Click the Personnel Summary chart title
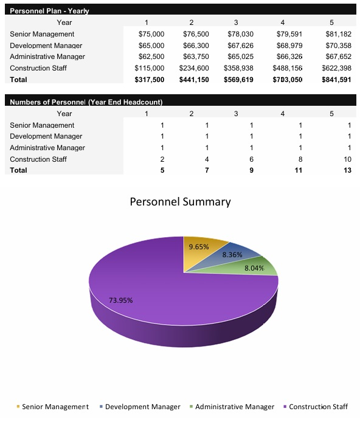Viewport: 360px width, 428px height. (180, 202)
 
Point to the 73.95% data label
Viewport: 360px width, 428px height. (120, 300)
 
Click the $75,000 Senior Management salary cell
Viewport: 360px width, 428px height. (151, 34)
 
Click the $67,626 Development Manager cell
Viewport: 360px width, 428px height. (240, 46)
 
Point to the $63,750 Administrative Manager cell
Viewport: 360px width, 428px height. (196, 57)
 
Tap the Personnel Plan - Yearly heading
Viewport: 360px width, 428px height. (50, 11)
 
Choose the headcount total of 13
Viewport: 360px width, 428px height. (347, 170)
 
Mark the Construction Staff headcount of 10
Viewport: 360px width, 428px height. (347, 159)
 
